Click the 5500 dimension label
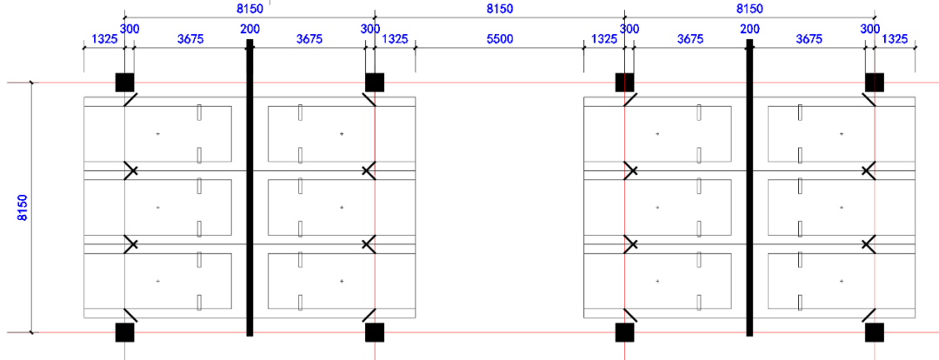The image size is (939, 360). pyautogui.click(x=499, y=39)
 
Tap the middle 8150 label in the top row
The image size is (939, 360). pyautogui.click(x=499, y=9)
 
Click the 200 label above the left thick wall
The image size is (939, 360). pyautogui.click(x=250, y=29)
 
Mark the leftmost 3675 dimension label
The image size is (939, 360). pyautogui.click(x=190, y=39)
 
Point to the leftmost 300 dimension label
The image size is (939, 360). pyautogui.click(x=130, y=29)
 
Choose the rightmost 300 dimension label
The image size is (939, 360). pyautogui.click(x=869, y=29)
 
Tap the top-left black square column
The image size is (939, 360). pyautogui.click(x=125, y=83)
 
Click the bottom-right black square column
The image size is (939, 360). pyautogui.click(x=874, y=332)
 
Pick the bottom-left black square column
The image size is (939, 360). pyautogui.click(x=125, y=332)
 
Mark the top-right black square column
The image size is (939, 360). pyautogui.click(x=874, y=83)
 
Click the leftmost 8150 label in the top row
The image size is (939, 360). pyautogui.click(x=250, y=9)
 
